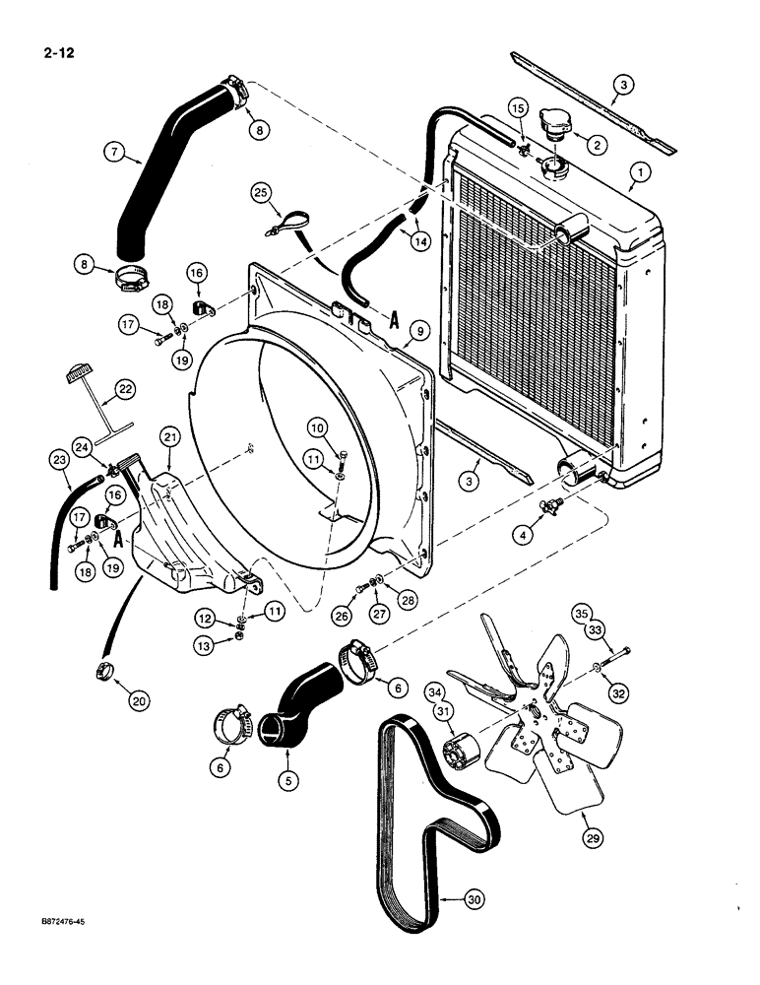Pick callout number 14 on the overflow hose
pos(420,240)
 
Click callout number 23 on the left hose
pos(61,458)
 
